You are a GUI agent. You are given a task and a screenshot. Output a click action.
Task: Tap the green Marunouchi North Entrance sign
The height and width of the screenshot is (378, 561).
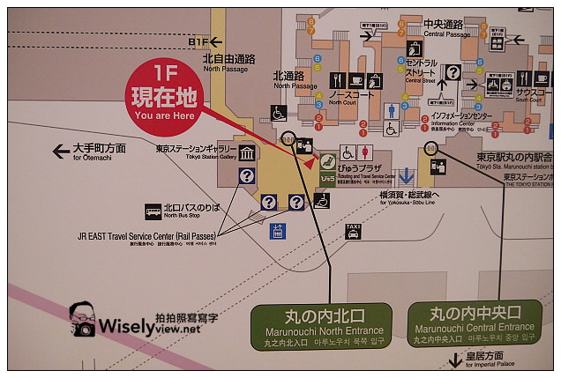click(x=321, y=323)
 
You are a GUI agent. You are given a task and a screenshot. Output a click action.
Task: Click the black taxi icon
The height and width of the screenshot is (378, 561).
click(x=353, y=230)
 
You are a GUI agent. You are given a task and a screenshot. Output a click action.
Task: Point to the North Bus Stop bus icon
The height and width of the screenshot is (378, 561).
click(x=154, y=211)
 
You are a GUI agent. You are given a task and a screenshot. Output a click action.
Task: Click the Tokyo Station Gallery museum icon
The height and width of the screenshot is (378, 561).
click(x=246, y=156)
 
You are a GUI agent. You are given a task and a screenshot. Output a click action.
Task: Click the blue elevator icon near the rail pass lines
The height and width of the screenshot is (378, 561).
click(x=277, y=232)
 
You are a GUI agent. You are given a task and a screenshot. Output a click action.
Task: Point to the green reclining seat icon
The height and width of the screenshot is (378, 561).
click(x=325, y=162)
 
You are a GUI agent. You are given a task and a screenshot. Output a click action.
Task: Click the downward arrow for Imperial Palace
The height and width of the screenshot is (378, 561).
click(x=455, y=360)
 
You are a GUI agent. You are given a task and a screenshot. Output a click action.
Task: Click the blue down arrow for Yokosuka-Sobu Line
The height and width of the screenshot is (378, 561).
click(x=406, y=175)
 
